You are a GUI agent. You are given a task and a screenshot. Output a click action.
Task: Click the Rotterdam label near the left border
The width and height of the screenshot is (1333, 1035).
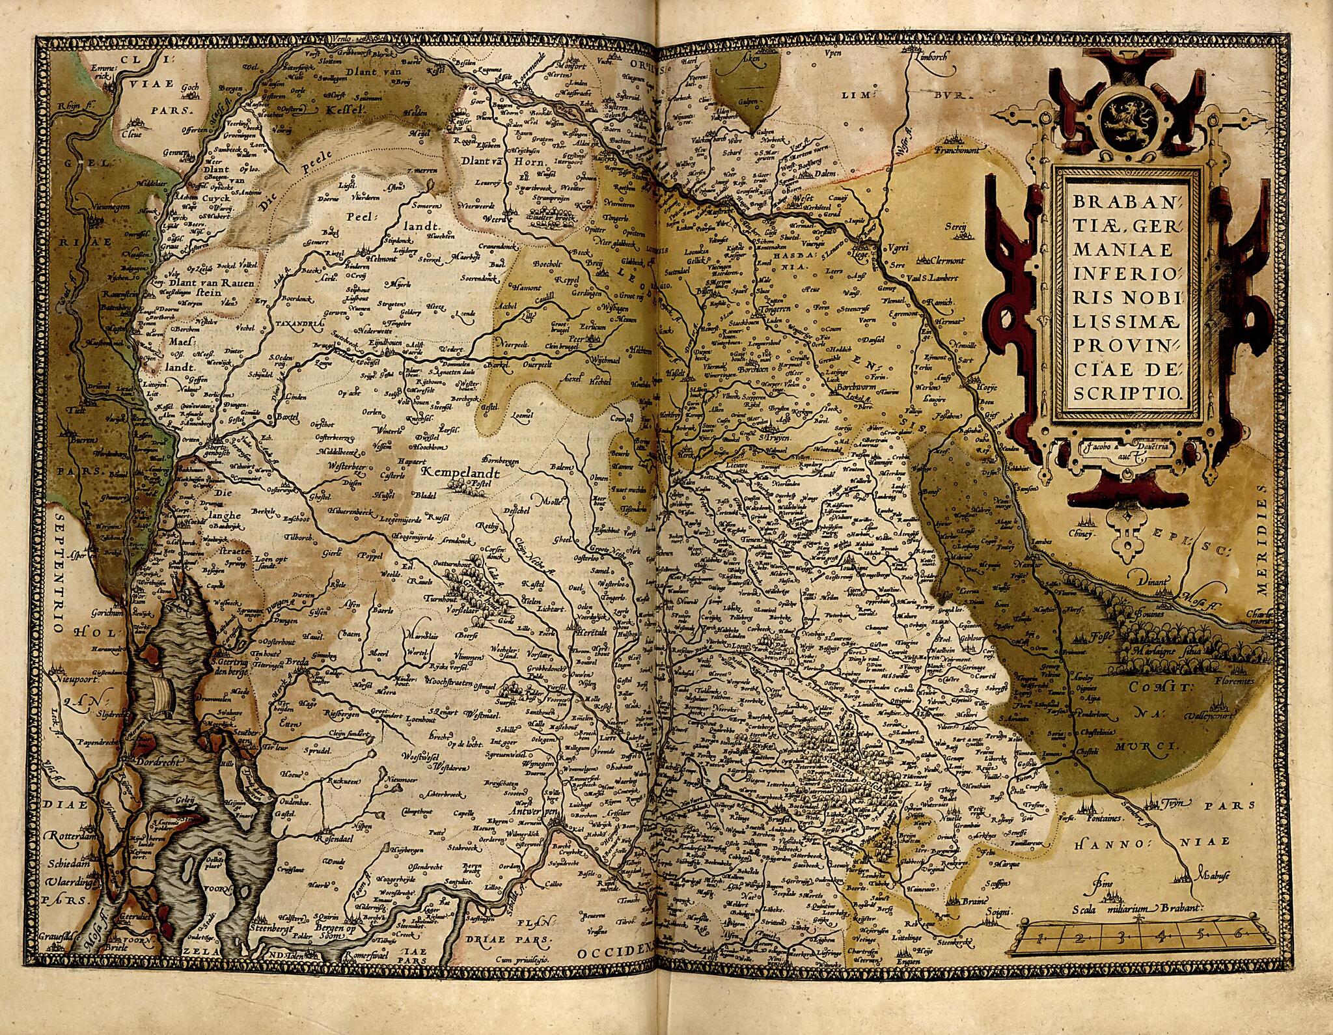68,835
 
